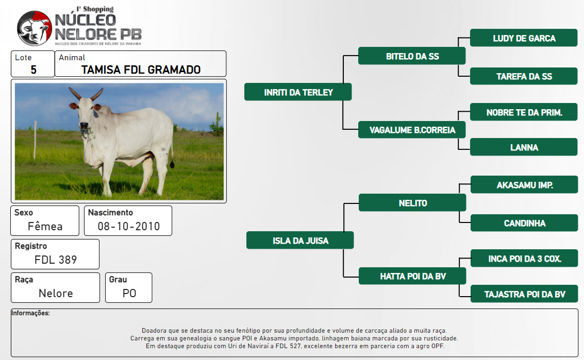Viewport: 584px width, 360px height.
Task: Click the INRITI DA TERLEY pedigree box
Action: (298, 92)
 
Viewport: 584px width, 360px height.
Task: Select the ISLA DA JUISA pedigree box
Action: (300, 240)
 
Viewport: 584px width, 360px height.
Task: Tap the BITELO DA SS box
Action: (412, 56)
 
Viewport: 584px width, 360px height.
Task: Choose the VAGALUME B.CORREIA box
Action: (412, 130)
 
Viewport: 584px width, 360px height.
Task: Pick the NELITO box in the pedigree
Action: (412, 202)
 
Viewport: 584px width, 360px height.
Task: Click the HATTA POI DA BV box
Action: (412, 276)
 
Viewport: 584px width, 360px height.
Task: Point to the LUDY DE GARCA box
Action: (524, 38)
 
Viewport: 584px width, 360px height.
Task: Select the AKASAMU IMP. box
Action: (524, 185)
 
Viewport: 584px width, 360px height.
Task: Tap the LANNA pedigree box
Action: (524, 147)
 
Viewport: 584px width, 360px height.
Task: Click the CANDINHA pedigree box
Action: (524, 222)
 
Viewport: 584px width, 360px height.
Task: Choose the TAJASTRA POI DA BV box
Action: (524, 294)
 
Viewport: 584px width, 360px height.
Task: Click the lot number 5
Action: (34, 70)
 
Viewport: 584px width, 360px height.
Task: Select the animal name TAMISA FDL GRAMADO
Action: (141, 70)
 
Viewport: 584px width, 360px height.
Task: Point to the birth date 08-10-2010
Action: (128, 226)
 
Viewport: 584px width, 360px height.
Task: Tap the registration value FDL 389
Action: (56, 260)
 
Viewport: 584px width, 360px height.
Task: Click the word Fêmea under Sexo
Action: (45, 226)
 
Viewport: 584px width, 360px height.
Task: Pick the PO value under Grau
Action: (129, 294)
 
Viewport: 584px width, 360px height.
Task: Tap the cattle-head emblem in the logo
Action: (34, 28)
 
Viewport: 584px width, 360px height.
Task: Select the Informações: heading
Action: (30, 313)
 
